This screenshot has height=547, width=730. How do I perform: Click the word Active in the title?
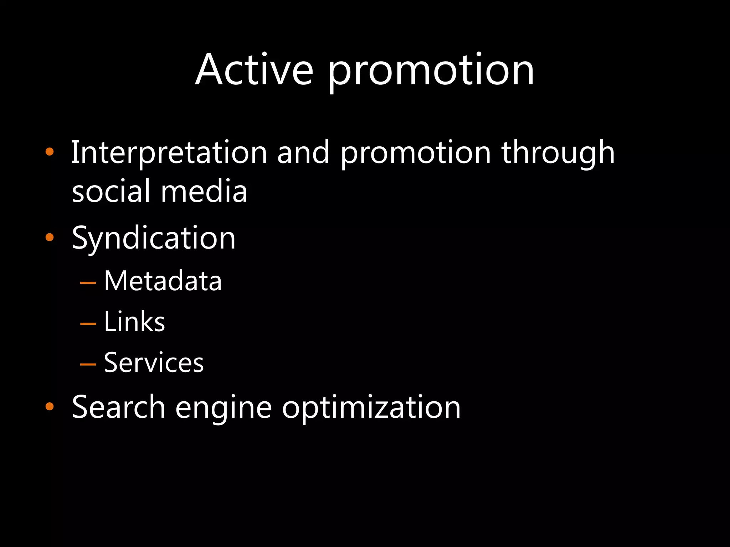tap(254, 69)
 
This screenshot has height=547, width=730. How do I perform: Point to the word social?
tap(110, 191)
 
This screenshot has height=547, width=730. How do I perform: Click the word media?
tap(204, 191)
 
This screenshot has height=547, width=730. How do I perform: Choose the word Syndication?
tap(154, 239)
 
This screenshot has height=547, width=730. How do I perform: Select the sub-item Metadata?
tap(163, 281)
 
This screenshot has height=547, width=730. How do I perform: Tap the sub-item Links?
tap(134, 322)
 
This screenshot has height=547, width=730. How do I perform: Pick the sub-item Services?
tap(154, 363)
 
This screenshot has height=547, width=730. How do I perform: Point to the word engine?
tap(223, 408)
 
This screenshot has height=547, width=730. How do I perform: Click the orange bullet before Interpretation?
tap(50, 152)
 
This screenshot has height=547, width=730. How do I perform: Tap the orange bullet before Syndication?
tap(50, 238)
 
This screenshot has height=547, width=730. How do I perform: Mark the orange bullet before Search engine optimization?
tap(50, 407)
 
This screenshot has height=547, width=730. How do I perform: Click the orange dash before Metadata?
tap(88, 283)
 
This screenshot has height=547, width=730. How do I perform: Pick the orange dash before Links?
tap(88, 324)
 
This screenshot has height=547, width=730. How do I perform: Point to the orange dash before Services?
tap(88, 365)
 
